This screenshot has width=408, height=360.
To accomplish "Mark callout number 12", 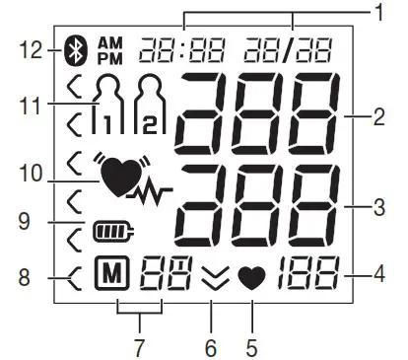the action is (31, 46).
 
